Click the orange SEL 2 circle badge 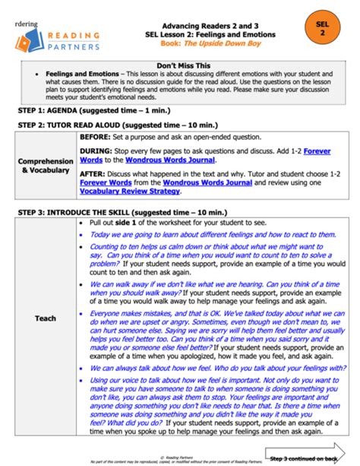tap(321, 29)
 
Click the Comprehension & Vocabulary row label tap(46, 166)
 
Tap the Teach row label tap(46, 318)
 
